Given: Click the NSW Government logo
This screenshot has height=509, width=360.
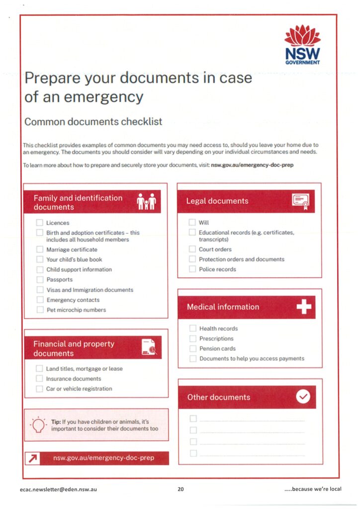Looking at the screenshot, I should point(302,46).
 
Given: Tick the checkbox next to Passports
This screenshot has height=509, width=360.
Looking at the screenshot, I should point(40,279).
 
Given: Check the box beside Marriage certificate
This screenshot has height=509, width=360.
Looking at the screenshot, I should point(40,250).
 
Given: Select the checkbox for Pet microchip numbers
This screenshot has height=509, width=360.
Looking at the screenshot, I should point(40,310).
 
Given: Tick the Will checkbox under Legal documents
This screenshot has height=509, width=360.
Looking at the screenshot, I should point(192,223).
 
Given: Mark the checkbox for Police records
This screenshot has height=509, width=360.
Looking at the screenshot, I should point(192,269).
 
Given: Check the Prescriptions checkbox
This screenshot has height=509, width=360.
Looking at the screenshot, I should point(193,339).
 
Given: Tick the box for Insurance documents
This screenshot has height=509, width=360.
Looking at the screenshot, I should point(39,379).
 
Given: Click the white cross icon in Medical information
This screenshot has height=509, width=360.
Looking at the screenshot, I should point(303,308).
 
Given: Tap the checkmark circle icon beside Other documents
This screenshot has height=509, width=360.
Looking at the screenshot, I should point(303,397).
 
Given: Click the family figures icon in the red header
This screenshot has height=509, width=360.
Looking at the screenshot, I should point(146,202).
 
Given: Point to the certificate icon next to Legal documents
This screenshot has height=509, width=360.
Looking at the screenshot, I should point(300,201).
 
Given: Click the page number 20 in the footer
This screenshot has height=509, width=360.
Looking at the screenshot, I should point(180,489).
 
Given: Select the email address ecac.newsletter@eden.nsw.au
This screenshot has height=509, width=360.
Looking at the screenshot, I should point(58,489).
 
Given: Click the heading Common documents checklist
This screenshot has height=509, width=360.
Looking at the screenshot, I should point(93,122).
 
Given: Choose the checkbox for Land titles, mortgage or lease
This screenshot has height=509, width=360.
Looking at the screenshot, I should point(39,369).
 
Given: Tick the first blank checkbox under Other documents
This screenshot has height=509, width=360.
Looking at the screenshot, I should point(193,419).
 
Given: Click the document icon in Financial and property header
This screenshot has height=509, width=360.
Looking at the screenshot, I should point(148,347).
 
